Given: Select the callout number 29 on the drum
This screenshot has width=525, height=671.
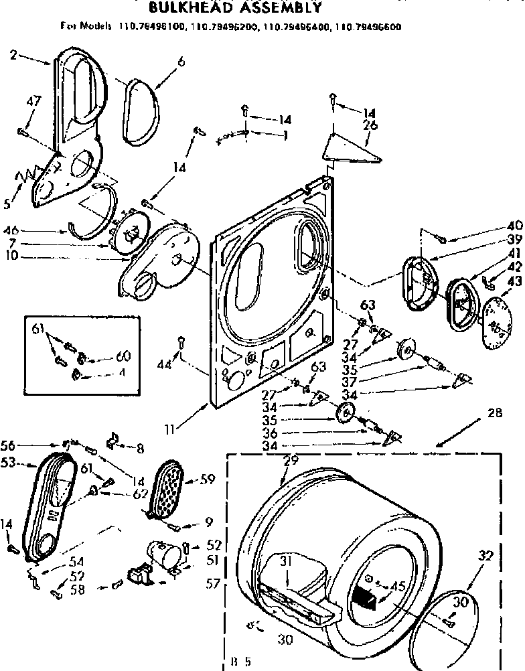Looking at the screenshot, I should tap(290, 461).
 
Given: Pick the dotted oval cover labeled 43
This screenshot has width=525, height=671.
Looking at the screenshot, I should tap(496, 315).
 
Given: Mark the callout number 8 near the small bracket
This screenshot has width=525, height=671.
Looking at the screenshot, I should tap(140, 448).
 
